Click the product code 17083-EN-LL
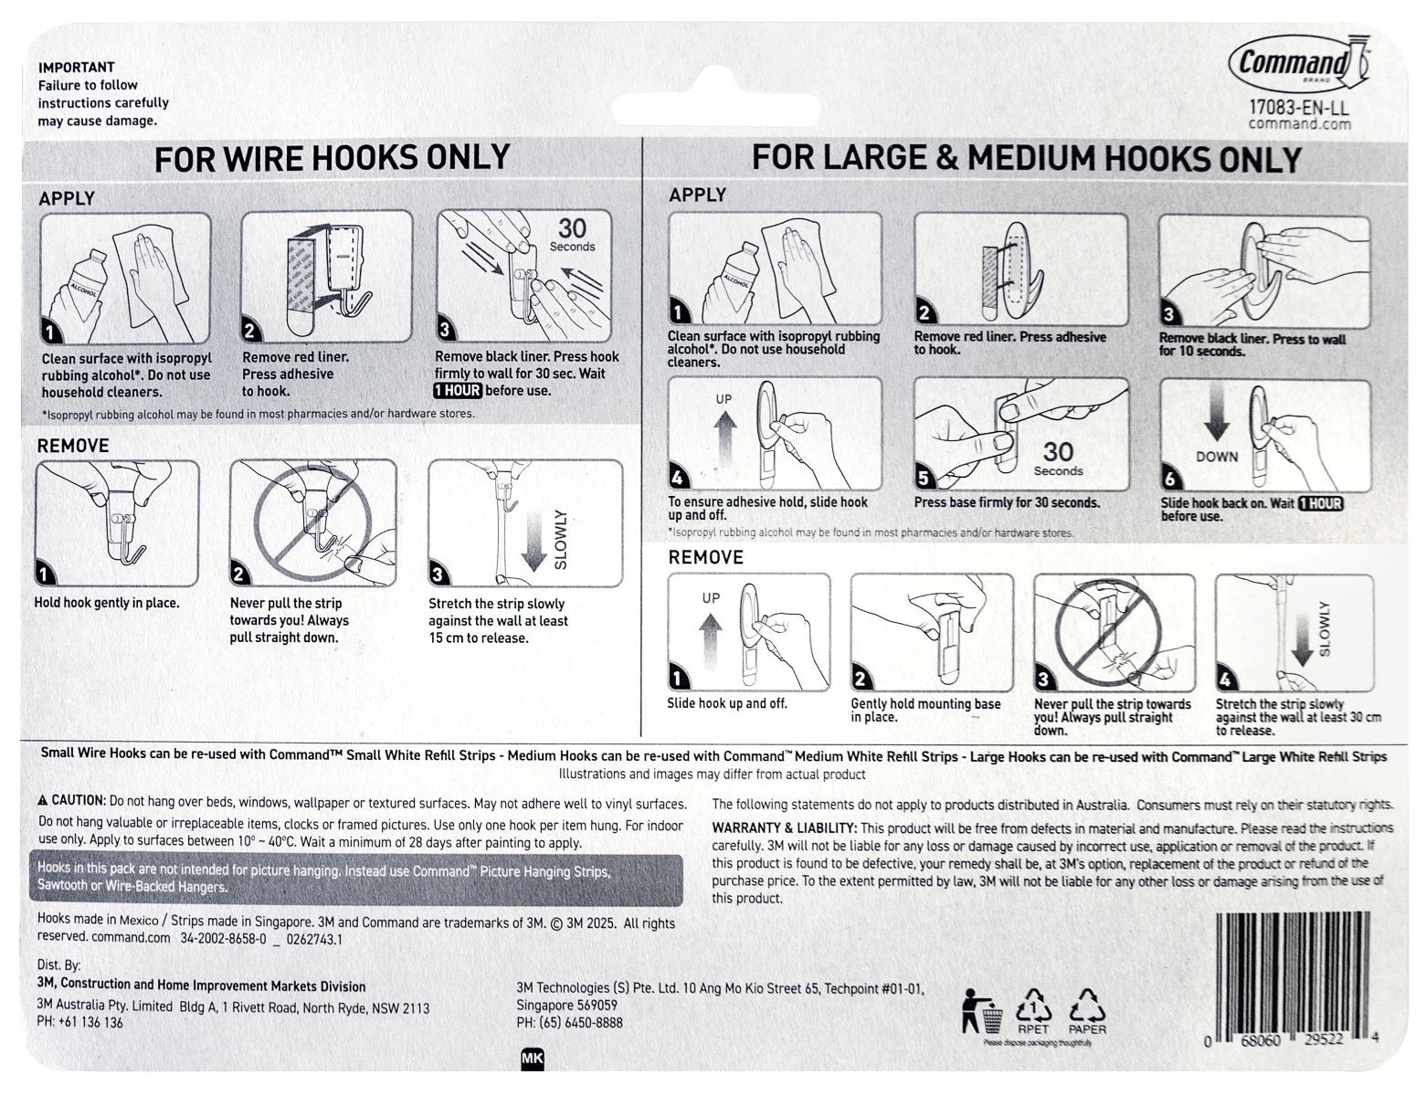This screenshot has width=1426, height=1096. point(1298,107)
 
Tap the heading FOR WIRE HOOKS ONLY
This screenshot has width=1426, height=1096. point(332,158)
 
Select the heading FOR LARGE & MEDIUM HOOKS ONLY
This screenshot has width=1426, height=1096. point(1025,158)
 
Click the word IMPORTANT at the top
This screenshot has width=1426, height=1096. point(76,67)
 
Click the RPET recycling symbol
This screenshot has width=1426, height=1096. point(1033,1008)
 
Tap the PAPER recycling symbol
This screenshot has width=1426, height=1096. point(1087,1008)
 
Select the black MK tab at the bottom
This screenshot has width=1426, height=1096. point(532,1059)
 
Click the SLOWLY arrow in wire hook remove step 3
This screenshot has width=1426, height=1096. point(534,543)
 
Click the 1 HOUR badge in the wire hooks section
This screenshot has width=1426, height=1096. point(457,391)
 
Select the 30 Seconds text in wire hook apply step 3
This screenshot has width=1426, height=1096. point(572,234)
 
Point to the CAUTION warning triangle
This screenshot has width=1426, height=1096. point(43,800)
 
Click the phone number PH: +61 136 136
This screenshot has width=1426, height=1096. point(79,1022)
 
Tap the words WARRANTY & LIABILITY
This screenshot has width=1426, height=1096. point(784,828)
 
